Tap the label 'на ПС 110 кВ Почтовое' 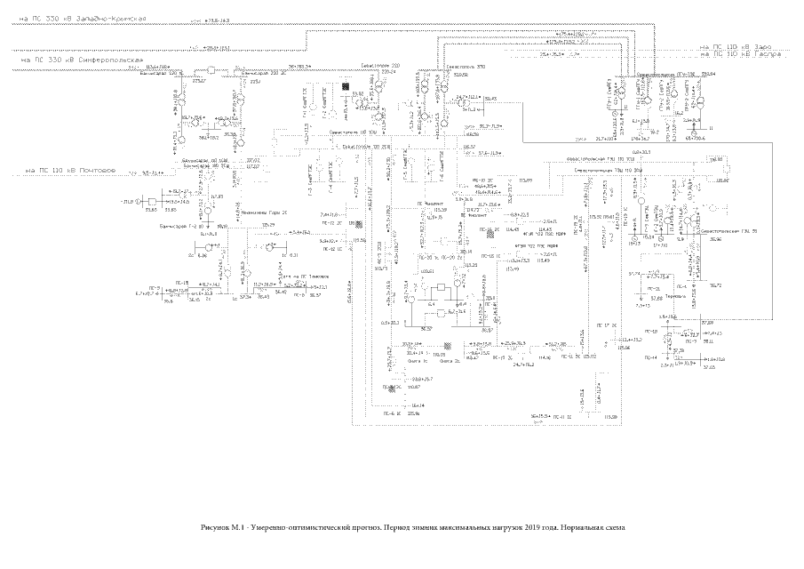pyautogui.click(x=66, y=170)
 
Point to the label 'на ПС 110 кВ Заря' pyautogui.click(x=737, y=46)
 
